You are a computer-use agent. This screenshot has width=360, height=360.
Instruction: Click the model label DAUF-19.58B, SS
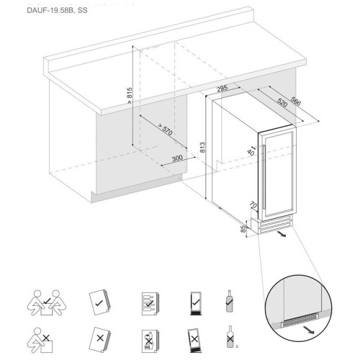click(57, 11)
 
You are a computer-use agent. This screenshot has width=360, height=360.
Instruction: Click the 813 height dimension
click(203, 148)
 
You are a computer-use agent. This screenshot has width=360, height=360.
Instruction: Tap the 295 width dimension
click(222, 89)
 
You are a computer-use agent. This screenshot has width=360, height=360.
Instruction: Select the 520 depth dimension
click(282, 102)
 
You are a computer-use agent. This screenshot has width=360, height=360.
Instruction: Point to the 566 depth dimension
click(296, 101)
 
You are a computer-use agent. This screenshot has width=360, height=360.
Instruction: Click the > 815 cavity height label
click(130, 96)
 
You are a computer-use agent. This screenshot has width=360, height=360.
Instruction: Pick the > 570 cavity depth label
click(165, 130)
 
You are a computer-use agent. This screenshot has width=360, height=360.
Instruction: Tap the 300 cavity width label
click(177, 158)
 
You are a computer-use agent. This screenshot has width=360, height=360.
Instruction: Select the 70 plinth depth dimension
click(253, 205)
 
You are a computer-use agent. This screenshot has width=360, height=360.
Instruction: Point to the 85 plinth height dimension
click(243, 229)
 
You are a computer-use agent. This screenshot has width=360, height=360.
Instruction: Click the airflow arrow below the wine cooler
click(281, 234)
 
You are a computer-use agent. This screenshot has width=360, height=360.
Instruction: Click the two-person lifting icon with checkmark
click(47, 302)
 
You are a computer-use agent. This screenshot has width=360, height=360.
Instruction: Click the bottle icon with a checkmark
click(230, 301)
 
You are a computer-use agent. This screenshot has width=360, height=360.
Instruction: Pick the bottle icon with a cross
click(230, 337)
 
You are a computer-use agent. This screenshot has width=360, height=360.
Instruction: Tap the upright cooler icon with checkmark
click(196, 303)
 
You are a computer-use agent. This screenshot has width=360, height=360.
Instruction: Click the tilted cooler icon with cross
click(194, 340)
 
